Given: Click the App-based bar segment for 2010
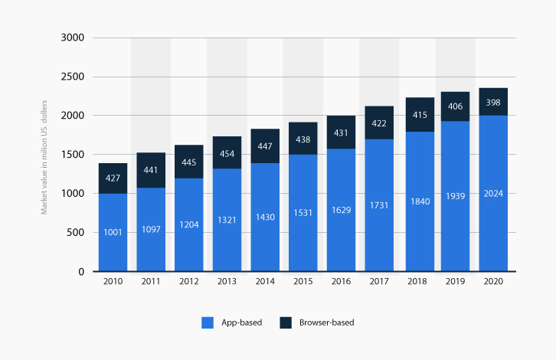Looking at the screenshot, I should pos(112,232).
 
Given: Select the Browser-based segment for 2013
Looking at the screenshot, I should pos(226,152).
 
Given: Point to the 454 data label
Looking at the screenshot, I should pos(226,152).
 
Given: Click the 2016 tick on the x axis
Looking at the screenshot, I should pos(340,282).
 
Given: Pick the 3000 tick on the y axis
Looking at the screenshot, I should pos(73,38).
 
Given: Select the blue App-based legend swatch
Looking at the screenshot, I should pos(207,322).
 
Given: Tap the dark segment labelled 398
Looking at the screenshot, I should pos(492,103).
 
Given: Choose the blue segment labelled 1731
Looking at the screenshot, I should pos(378,205).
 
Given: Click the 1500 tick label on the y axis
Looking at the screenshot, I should pos(73,155).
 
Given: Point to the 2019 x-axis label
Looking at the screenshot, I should pos(454,282).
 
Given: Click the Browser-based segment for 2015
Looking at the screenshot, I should pos(302,139).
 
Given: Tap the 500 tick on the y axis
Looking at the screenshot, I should pos(75,233).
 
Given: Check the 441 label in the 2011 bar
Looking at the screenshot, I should pos(150,170).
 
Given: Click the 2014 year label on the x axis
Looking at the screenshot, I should pos(264,282).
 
